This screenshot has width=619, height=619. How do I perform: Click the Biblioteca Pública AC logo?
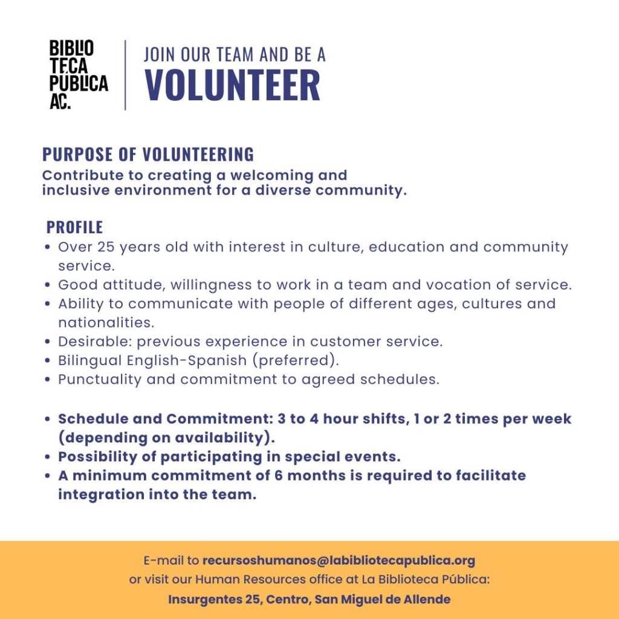pyautogui.click(x=78, y=75)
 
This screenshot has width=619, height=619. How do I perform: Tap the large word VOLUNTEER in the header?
pyautogui.click(x=233, y=86)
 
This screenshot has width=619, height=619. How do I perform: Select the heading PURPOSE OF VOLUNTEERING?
pyautogui.click(x=148, y=155)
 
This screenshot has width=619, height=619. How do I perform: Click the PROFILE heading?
pyautogui.click(x=75, y=227)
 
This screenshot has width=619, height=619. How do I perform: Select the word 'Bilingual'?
pyautogui.click(x=89, y=360)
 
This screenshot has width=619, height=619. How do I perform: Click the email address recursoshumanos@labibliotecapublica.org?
pyautogui.click(x=339, y=560)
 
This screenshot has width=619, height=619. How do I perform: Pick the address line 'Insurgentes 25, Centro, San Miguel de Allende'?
pyautogui.click(x=309, y=600)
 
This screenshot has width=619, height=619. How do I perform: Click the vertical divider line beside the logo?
pyautogui.click(x=125, y=75)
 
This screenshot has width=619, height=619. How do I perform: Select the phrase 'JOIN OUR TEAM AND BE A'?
pyautogui.click(x=235, y=54)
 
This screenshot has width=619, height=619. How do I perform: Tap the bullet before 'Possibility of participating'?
pyautogui.click(x=48, y=457)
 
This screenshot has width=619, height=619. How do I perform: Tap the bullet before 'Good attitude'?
pyautogui.click(x=48, y=285)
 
